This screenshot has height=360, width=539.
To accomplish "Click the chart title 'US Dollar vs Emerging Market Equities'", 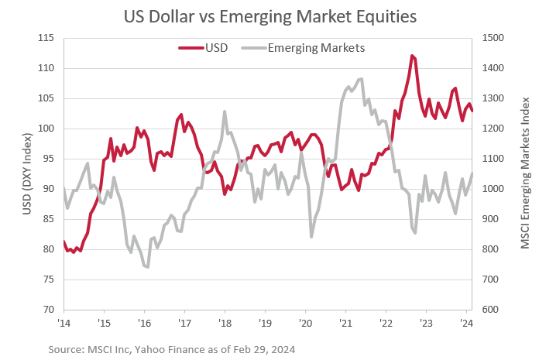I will coord(269,15).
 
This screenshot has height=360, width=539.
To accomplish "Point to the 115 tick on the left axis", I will coord(46,38).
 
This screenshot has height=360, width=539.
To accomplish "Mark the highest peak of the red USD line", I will coord(412,56).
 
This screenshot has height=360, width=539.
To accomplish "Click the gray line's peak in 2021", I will coord(361,79).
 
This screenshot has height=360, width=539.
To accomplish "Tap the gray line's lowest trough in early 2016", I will coord(146,267).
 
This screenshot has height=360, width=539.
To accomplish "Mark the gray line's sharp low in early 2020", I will coord(311,237).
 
